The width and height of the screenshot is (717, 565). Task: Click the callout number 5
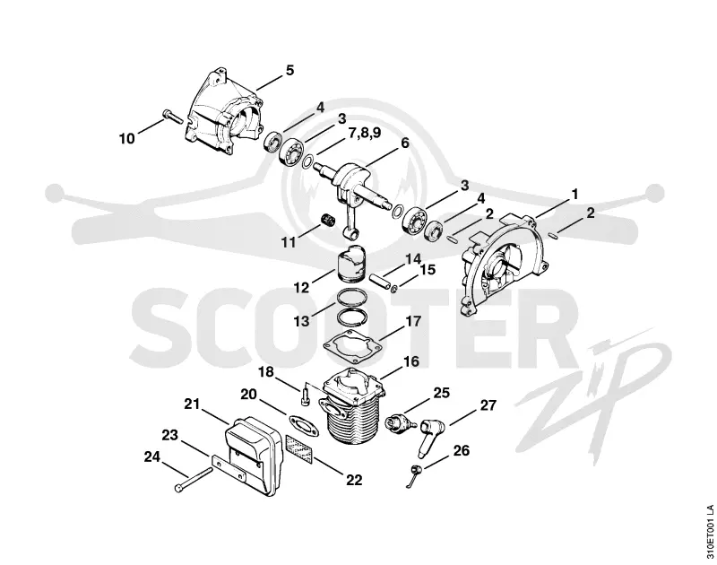pyautogui.click(x=289, y=71)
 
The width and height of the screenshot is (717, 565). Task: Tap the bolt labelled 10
pyautogui.click(x=171, y=117)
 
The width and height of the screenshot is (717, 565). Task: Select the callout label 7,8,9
pyautogui.click(x=365, y=132)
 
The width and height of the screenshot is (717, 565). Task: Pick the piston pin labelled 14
pyautogui.click(x=377, y=279)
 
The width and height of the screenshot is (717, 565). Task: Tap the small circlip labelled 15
pyautogui.click(x=393, y=289)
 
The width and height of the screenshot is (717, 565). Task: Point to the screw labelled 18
pyautogui.click(x=306, y=394)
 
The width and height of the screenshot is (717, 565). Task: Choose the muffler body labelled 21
pyautogui.click(x=251, y=456)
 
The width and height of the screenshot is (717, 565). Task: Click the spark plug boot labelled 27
pyautogui.click(x=432, y=437)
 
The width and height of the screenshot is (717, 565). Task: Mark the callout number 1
pyautogui.click(x=574, y=195)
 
